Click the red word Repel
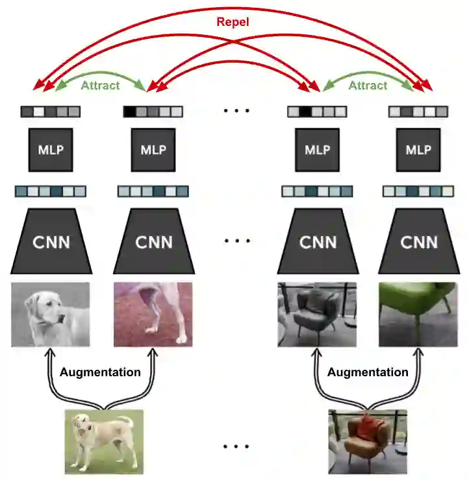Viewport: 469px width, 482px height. coord(233,22)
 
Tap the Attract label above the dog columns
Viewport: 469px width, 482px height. coord(100,85)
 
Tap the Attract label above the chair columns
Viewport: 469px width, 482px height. coord(368,85)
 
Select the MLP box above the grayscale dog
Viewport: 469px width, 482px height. coord(51,150)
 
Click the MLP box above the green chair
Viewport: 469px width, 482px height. coord(418,150)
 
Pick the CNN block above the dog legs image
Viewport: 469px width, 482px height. coord(154,241)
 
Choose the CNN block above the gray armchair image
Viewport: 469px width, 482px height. coord(318,241)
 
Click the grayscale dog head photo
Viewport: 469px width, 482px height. coord(51,314)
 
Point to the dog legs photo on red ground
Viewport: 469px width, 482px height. coord(153,314)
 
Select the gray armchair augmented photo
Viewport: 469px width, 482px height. coord(317,314)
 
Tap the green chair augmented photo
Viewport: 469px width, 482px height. coord(418,314)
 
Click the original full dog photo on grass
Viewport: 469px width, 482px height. coord(103,441)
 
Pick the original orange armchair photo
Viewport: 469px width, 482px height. coord(368,441)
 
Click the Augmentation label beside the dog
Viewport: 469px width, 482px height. coord(100,372)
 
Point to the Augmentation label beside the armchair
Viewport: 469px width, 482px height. coord(368,372)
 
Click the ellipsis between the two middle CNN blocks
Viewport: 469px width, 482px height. coord(236,241)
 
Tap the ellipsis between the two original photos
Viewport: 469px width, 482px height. coord(236,447)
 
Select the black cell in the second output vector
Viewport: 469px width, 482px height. coord(131,112)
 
